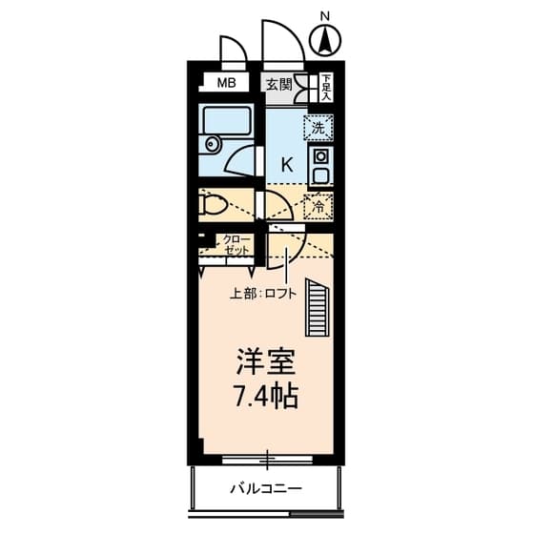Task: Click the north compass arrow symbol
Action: (326, 41)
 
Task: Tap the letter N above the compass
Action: (325, 15)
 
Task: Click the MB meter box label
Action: (226, 83)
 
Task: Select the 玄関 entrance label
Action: (278, 84)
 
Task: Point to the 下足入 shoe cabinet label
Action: (326, 87)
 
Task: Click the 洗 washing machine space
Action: (318, 126)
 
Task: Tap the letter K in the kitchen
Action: (286, 163)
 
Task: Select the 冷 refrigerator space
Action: (318, 204)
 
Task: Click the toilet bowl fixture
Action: (214, 204)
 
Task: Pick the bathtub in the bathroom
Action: (227, 121)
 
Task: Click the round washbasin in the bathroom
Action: (211, 146)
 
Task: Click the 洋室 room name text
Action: (266, 361)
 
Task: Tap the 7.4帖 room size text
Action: (266, 396)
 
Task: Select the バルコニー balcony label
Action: (266, 489)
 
